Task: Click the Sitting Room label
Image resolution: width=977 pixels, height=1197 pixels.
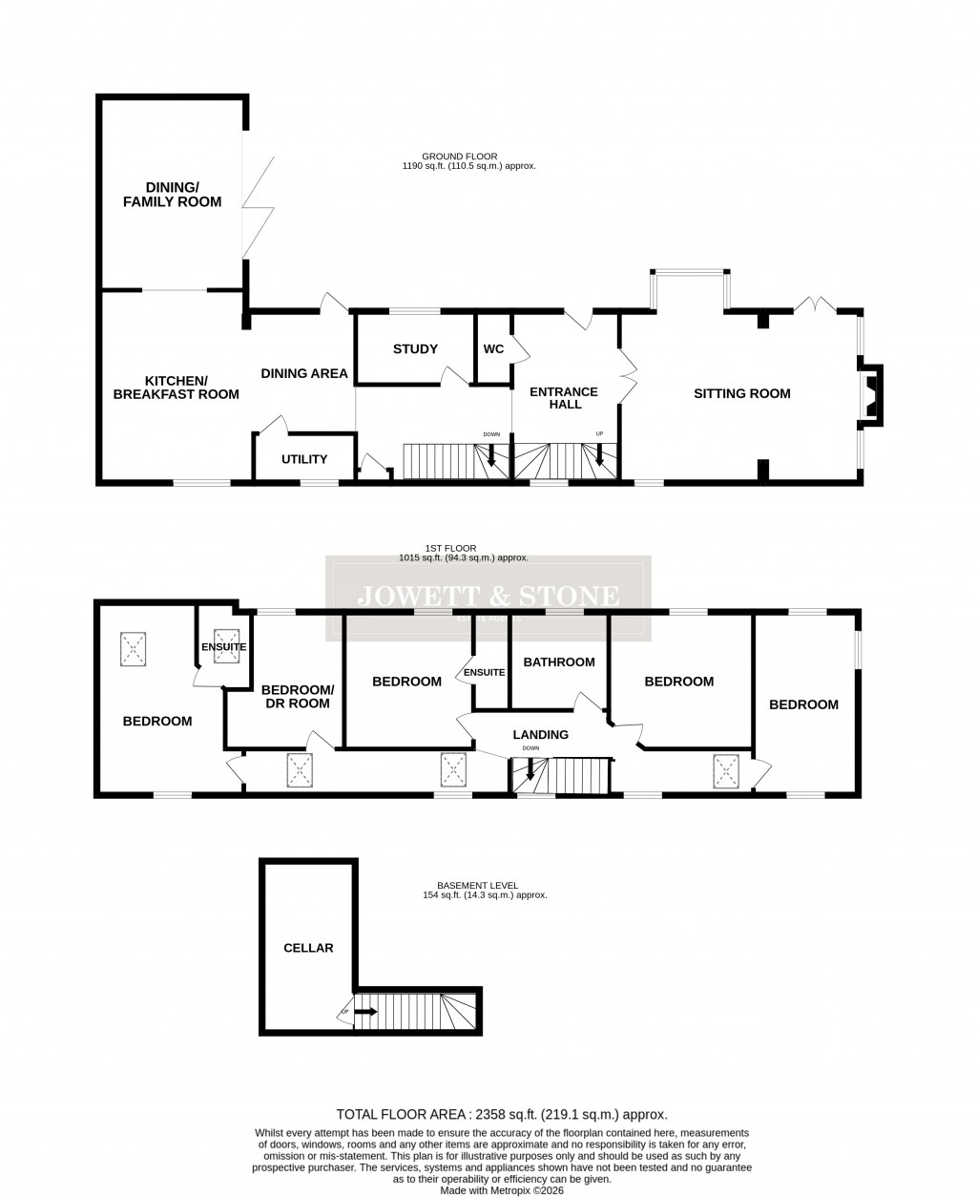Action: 741,393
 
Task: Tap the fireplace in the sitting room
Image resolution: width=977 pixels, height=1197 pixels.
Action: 871,393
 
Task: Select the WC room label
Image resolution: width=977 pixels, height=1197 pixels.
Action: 493,348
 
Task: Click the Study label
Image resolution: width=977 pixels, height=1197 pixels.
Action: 415,348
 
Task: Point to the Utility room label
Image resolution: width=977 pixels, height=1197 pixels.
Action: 304,459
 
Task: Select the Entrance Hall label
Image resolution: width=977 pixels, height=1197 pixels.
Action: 563,399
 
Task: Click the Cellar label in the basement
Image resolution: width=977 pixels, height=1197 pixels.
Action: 308,948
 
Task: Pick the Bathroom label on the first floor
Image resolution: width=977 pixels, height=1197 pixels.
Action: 559,661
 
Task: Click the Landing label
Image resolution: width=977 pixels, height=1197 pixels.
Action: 540,734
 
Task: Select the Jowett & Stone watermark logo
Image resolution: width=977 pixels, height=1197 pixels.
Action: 488,598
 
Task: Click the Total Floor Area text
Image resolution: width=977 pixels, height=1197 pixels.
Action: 501,1114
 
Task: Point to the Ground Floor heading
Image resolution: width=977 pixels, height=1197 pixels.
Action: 468,160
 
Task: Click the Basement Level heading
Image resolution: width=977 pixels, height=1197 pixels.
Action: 484,890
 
